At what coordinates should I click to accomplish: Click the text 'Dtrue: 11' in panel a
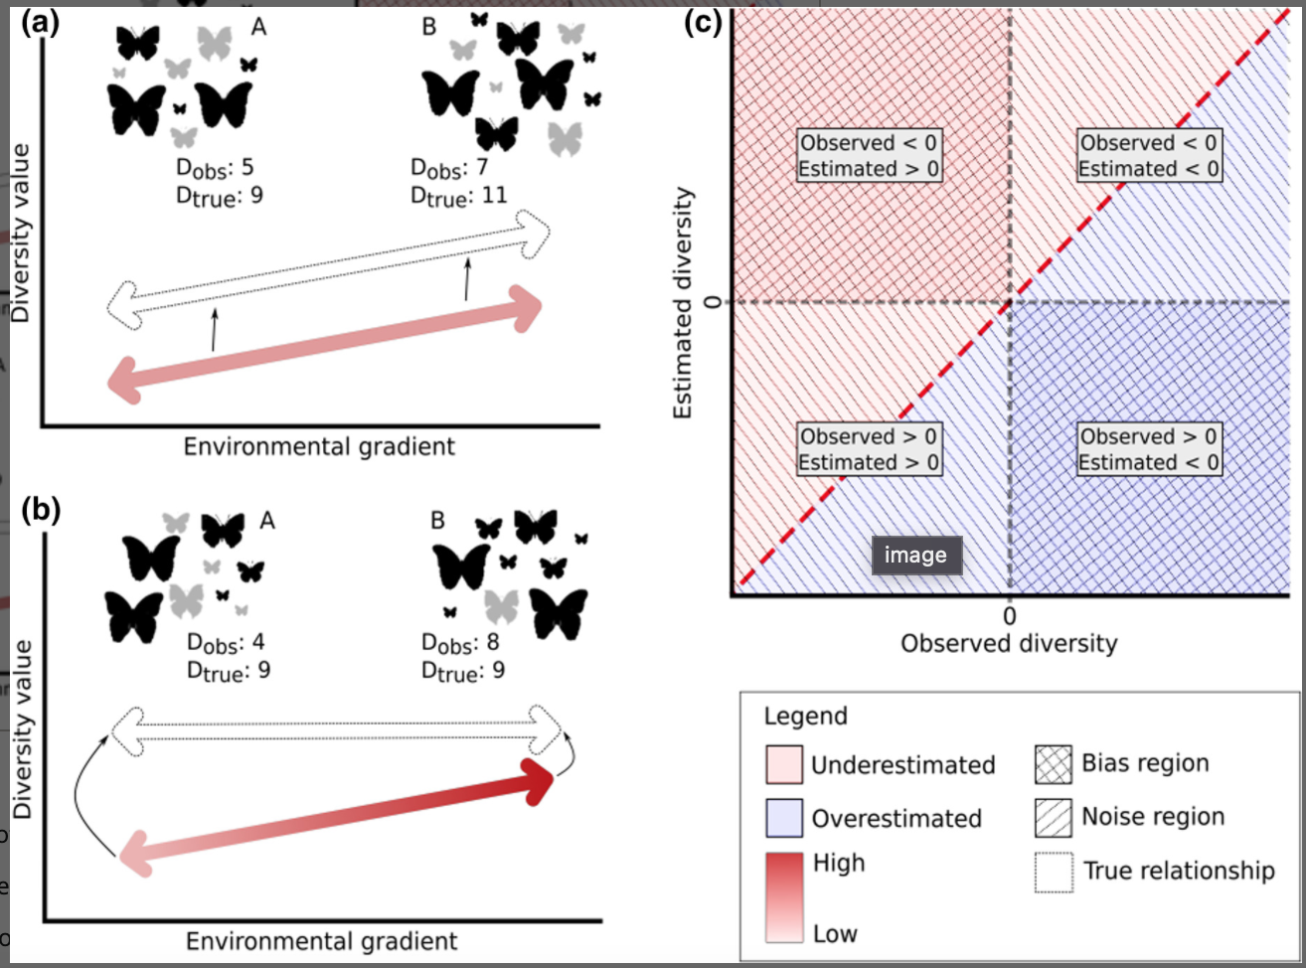click(458, 195)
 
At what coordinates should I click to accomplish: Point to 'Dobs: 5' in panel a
click(215, 167)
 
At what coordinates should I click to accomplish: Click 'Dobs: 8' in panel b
click(460, 643)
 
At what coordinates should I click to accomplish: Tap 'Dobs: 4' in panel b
click(226, 643)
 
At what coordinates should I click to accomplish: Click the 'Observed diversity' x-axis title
click(1008, 644)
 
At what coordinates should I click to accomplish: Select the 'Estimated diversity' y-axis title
click(683, 303)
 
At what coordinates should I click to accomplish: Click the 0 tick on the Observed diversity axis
click(1010, 616)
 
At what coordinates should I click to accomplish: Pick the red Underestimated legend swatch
click(783, 765)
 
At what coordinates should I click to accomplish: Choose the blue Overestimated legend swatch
click(783, 818)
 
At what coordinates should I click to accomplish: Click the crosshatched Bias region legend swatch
click(1054, 764)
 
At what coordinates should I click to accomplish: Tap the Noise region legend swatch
click(1054, 817)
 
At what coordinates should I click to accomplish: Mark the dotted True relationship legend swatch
click(1054, 872)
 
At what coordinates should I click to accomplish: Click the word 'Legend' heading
click(805, 717)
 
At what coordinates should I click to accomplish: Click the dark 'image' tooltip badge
click(916, 556)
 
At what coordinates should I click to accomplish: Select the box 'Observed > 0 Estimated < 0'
click(1149, 449)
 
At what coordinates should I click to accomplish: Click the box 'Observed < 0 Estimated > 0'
click(870, 156)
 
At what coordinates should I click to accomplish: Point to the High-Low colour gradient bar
click(783, 896)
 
